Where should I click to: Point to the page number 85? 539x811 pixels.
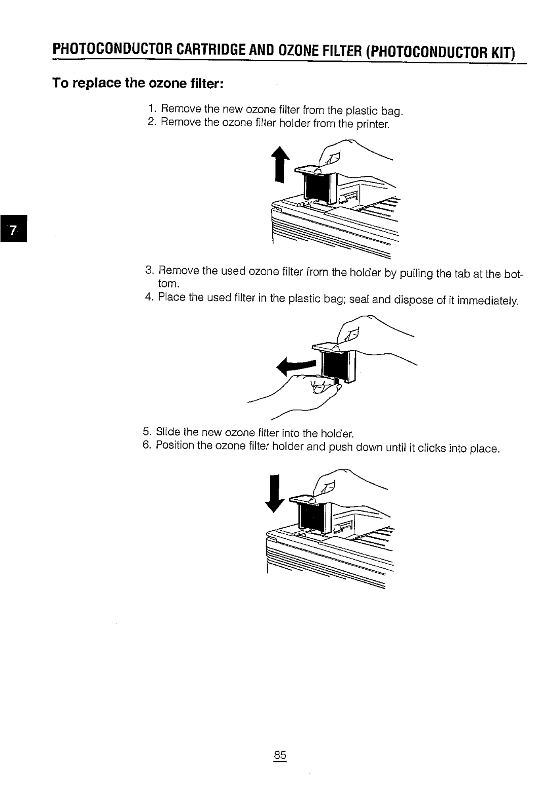[280, 755]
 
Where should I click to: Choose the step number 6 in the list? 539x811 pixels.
[147, 446]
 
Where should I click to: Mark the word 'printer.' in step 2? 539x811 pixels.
[372, 124]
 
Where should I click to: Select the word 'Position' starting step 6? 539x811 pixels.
[175, 446]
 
